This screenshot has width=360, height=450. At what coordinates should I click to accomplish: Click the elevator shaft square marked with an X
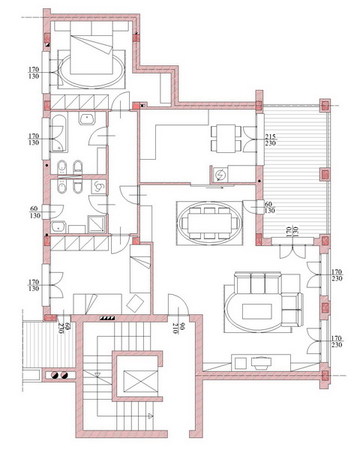tap(141, 381)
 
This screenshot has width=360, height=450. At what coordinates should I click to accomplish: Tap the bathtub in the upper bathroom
tap(59, 133)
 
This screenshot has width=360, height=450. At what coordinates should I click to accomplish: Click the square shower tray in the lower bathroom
tap(97, 223)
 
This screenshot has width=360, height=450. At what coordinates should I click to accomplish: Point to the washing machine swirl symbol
tap(99, 187)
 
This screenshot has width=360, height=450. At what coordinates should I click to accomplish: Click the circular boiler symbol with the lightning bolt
tap(220, 175)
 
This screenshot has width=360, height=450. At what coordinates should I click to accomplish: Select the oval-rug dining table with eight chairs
tap(209, 223)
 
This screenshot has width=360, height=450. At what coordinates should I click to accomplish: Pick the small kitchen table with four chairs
tap(226, 139)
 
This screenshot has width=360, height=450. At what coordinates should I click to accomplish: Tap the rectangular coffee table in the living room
tap(257, 311)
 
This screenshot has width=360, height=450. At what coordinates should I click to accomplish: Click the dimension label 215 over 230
tap(271, 139)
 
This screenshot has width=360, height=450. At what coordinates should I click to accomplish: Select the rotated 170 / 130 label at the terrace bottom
tap(292, 232)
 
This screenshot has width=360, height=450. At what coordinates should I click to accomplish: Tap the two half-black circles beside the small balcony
tap(59, 375)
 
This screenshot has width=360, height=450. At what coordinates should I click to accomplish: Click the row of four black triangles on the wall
tap(107, 318)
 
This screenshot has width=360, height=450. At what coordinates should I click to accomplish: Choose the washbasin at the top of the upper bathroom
tap(87, 118)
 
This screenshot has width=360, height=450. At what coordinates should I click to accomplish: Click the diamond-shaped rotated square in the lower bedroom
tap(135, 303)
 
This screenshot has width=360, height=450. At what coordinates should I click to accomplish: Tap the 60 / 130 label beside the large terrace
tap(269, 207)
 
